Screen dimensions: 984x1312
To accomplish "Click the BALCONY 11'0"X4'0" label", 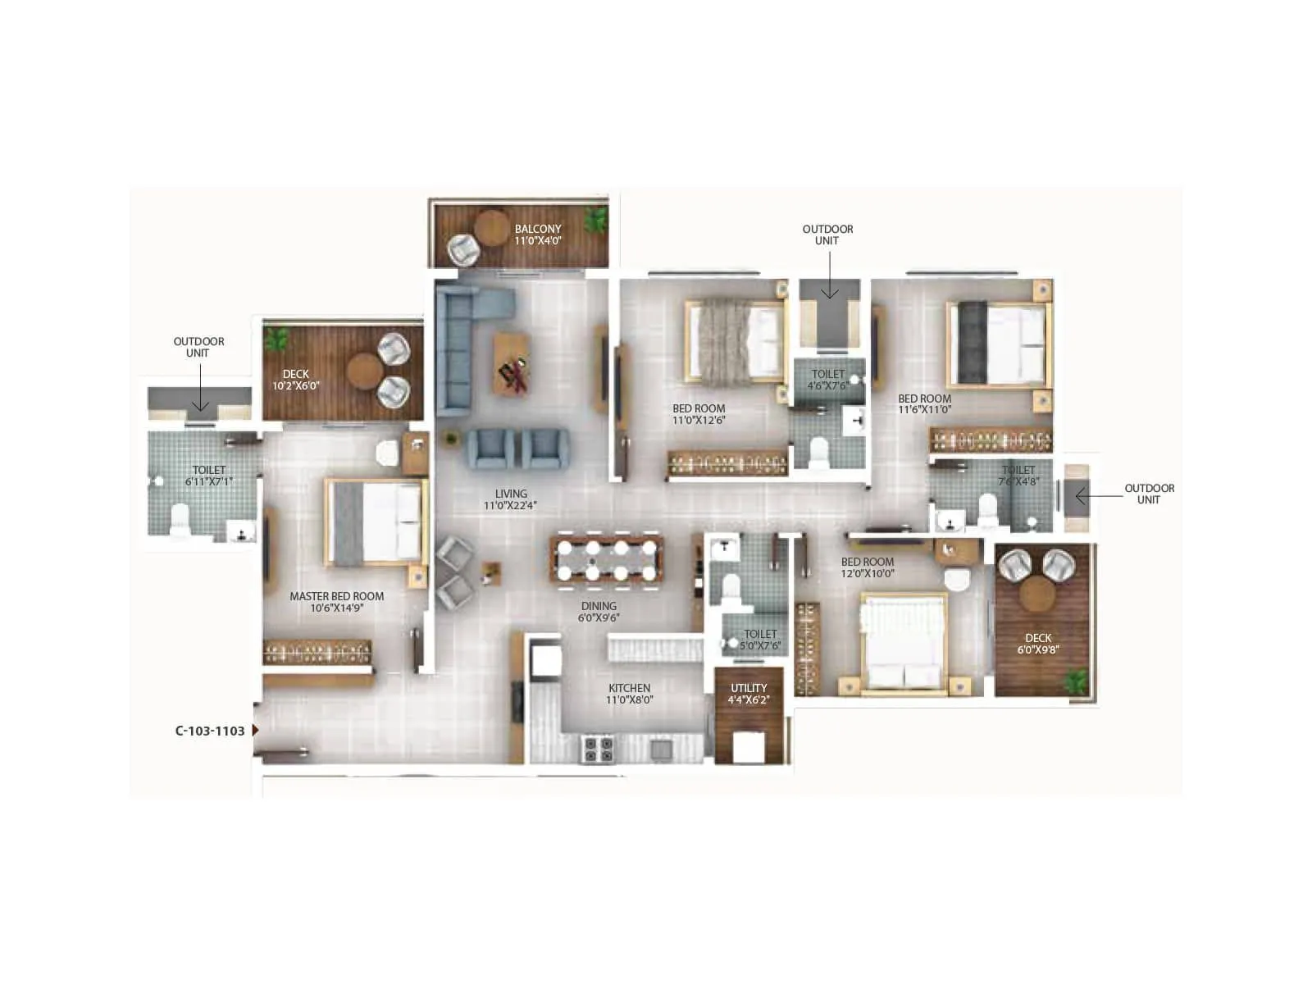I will pos(538,235).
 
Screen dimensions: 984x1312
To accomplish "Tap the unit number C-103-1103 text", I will pos(210,731).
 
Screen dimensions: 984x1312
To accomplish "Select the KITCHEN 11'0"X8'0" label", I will pos(629,694).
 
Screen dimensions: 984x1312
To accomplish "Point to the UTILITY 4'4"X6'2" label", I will pos(749,694).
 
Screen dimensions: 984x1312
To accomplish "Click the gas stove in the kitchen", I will pos(597,749).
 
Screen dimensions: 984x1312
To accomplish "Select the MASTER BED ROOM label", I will pos(336,602).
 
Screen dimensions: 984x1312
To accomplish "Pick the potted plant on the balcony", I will pos(596,218).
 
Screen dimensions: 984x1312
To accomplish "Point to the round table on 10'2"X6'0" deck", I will pos(362,371).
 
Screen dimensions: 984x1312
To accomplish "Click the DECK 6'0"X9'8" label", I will pos(1038,643).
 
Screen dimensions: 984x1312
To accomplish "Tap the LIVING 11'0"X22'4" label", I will pos(511,499).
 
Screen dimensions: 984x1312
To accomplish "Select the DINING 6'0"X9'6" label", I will pos(599,612).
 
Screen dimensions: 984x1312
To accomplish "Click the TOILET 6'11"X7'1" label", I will pos(209,476).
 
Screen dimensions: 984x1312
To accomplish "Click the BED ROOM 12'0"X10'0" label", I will pos(868,567).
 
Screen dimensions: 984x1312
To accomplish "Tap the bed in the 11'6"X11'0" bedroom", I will pos(999,344).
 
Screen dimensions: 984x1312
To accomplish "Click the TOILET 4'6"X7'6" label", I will pos(828,379).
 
